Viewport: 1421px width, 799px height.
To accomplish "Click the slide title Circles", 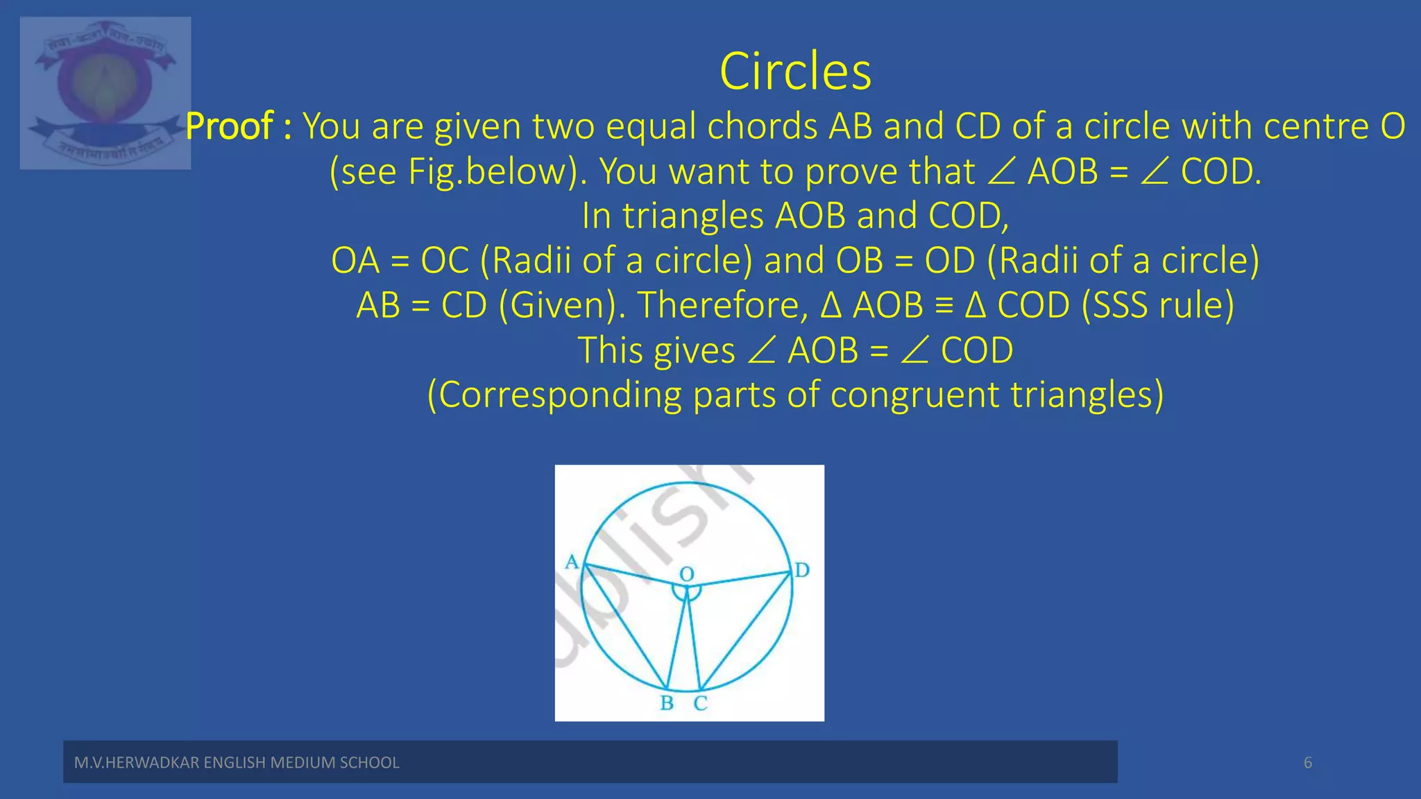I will click(x=795, y=71).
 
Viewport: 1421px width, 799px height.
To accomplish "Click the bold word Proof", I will click(x=230, y=126).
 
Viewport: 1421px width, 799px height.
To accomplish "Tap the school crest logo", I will click(x=105, y=93).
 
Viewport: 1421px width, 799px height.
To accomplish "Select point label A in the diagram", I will click(x=572, y=561).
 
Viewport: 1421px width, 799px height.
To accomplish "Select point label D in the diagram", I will click(x=802, y=570).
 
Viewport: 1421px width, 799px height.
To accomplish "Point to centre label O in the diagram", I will click(x=686, y=574).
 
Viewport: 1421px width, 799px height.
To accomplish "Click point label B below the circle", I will click(x=667, y=703).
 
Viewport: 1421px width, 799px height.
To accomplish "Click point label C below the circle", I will click(x=701, y=703).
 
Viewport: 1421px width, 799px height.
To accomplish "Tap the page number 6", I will click(x=1308, y=763).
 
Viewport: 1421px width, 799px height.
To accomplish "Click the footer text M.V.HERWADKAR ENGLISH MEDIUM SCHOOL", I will click(x=237, y=763).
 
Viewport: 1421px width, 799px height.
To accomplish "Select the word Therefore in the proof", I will click(x=722, y=305).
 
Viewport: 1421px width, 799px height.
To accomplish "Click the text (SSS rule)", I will click(x=1157, y=305).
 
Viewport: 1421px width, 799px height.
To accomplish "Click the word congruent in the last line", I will click(x=914, y=395).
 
